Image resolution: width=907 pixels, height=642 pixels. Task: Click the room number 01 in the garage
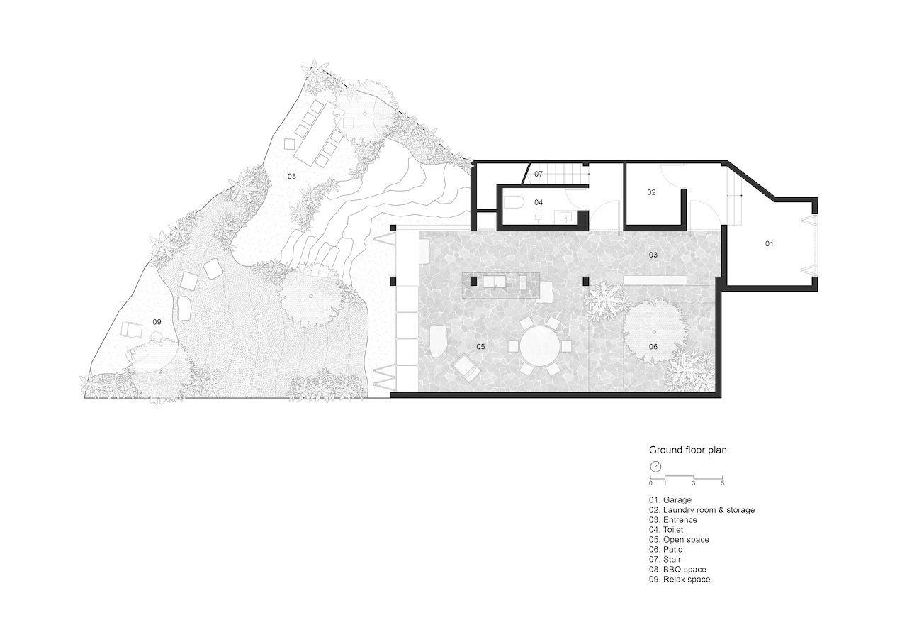[769, 243]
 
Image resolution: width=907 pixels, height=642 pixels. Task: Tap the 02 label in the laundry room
[651, 192]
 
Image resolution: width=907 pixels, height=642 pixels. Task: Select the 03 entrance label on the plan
[653, 255]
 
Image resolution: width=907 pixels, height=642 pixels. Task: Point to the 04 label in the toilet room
[539, 202]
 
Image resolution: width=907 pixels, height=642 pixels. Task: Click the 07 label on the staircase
[539, 174]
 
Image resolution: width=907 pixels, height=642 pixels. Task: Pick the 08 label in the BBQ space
[291, 177]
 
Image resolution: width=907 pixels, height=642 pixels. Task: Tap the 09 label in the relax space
[157, 322]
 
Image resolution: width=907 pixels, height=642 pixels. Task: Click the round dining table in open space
[540, 346]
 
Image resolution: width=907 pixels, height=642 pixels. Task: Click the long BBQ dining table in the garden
[319, 131]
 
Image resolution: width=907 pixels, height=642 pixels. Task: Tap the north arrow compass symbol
[655, 467]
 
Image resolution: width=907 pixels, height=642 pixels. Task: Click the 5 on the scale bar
[722, 483]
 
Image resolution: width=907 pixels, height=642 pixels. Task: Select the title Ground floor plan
[688, 450]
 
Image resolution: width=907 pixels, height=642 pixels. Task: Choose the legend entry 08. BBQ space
[677, 570]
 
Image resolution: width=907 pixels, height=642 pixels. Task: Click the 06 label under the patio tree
[653, 346]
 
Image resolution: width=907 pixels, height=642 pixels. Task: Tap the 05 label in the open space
[480, 346]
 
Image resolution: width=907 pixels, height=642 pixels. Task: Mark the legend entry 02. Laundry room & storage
[702, 510]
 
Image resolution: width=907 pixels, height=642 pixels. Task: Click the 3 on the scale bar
[694, 483]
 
